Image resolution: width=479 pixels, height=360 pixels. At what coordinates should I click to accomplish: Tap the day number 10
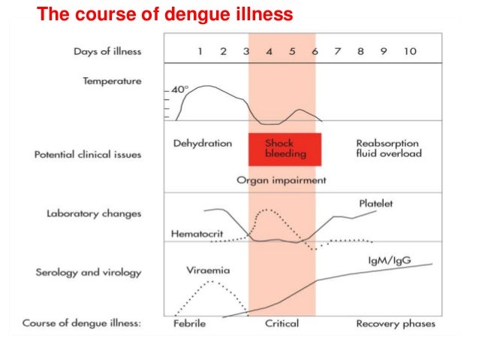click(x=408, y=52)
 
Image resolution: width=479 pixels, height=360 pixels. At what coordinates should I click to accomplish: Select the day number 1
click(x=200, y=52)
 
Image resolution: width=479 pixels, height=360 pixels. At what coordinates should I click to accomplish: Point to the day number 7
click(x=338, y=52)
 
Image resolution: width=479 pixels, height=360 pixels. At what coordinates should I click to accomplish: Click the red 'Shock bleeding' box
click(x=285, y=149)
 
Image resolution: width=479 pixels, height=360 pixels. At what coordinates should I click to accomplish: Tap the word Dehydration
click(x=202, y=144)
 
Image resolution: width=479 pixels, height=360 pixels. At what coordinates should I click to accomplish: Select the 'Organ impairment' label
click(x=281, y=180)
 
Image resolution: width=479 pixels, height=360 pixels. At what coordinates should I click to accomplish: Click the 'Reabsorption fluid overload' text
click(x=388, y=149)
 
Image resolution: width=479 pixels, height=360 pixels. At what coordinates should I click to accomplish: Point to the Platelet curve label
click(x=375, y=204)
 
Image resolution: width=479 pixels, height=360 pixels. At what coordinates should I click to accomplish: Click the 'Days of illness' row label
click(x=107, y=52)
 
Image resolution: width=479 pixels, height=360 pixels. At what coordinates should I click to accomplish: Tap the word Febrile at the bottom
click(x=188, y=324)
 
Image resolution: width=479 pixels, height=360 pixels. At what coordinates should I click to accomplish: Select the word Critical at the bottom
click(x=282, y=324)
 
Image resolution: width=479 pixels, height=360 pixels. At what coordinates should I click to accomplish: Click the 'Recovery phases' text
click(x=396, y=324)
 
